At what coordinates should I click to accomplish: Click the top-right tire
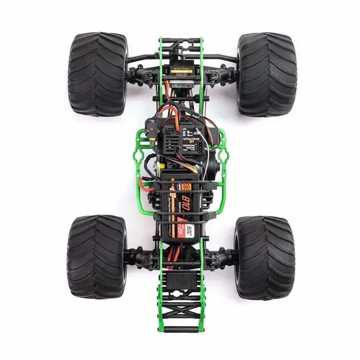click(266, 74)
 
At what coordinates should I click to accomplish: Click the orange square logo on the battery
click(172, 187)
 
